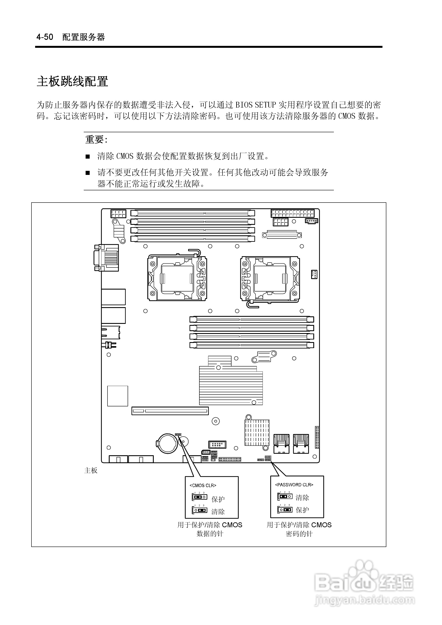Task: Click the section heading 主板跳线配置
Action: click(x=72, y=81)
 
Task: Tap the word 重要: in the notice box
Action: click(x=97, y=140)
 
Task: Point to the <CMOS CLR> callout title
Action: click(x=203, y=485)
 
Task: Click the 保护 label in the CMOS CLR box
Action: click(x=218, y=499)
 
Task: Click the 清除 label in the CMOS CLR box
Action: click(x=218, y=512)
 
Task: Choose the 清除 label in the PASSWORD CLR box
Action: click(x=302, y=497)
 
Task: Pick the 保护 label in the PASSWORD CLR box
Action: click(x=302, y=510)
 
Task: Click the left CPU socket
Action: click(x=177, y=278)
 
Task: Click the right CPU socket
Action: click(x=270, y=278)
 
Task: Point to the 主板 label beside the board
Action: click(x=91, y=470)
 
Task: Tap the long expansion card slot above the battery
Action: click(x=170, y=411)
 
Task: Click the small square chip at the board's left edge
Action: click(x=118, y=396)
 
